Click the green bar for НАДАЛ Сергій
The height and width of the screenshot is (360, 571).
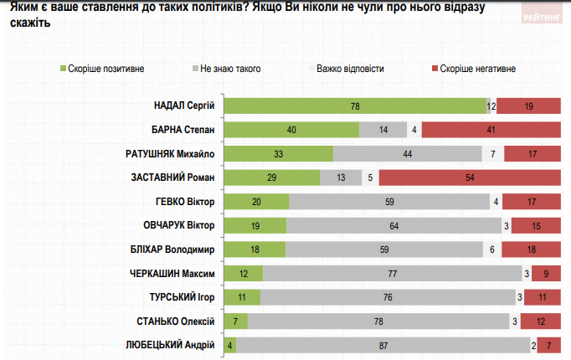[356, 105]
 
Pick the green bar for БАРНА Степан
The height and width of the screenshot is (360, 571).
[293, 130]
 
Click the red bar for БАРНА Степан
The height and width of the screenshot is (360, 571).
[491, 130]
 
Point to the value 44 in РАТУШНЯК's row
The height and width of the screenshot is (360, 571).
[408, 154]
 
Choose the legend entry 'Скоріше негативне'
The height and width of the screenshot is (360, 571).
[474, 68]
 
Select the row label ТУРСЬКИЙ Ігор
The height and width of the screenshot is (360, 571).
[181, 298]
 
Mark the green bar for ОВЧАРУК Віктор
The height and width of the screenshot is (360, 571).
[257, 226]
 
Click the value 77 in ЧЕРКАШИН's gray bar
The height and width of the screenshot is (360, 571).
[392, 274]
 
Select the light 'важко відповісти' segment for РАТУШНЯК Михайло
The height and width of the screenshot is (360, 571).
[494, 154]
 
